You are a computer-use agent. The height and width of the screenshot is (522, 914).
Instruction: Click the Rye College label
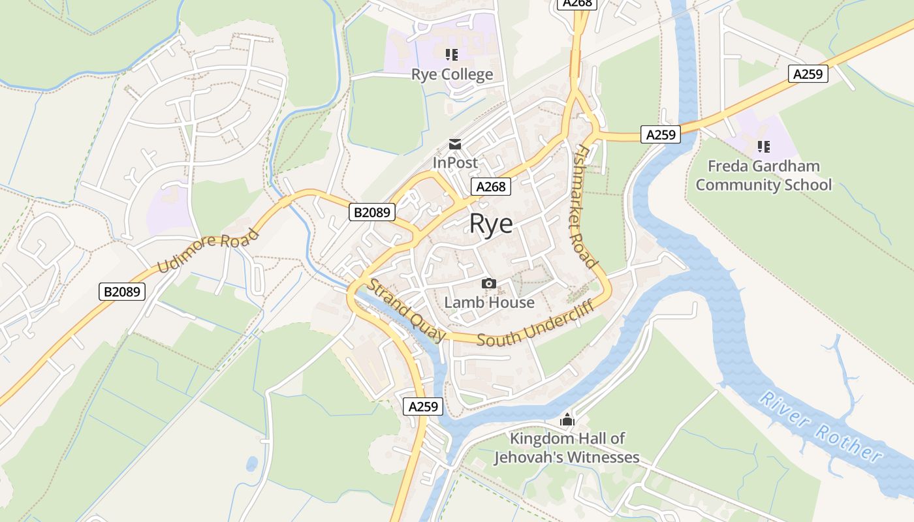click(452, 74)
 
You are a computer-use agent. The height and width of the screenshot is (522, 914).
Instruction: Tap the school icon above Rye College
click(452, 55)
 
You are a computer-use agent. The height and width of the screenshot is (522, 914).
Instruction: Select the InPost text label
click(455, 162)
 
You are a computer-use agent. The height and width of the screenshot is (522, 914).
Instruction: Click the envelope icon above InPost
click(455, 144)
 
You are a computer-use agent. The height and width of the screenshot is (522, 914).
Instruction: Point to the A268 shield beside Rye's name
click(490, 187)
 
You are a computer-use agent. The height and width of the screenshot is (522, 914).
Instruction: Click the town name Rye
click(491, 224)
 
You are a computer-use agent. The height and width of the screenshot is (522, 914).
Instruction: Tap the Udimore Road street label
click(208, 251)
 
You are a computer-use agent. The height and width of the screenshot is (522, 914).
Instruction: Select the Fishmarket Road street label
click(584, 207)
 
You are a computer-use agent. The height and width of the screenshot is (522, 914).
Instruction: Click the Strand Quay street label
click(406, 311)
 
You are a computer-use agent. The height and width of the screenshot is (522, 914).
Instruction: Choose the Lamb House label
click(489, 303)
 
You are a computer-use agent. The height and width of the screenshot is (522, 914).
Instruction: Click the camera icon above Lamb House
click(488, 284)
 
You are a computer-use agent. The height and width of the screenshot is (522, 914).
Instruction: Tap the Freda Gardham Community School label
click(763, 176)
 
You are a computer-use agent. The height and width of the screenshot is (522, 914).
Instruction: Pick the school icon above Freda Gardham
click(763, 147)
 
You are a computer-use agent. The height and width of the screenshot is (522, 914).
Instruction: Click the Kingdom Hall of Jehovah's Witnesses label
click(567, 448)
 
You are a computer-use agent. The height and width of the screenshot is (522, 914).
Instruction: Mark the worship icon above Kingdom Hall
click(567, 420)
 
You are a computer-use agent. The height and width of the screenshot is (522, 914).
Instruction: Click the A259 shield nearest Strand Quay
click(423, 407)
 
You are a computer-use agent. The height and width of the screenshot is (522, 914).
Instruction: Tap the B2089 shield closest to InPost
click(372, 212)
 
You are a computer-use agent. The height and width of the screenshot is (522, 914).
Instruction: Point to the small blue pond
click(251, 464)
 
